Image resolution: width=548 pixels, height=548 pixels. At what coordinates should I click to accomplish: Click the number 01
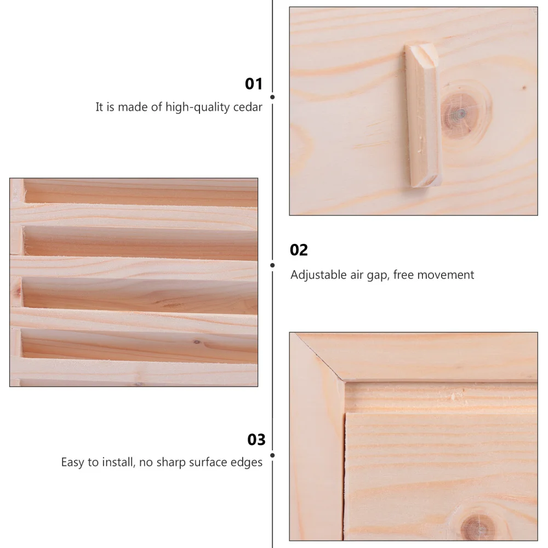(254, 84)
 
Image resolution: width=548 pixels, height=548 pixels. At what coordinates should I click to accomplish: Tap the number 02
(299, 250)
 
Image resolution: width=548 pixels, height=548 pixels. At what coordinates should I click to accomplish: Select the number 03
(256, 439)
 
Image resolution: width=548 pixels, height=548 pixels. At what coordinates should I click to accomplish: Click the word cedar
(247, 107)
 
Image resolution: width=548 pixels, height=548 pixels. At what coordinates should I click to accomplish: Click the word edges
(247, 463)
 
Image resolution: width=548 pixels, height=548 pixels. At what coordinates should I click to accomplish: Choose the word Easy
(72, 463)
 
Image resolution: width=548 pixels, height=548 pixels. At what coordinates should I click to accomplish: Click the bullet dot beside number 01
(272, 97)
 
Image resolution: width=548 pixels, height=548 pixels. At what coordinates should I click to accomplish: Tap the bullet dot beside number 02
(272, 265)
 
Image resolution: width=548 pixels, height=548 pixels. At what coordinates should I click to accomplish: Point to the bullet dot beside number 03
(272, 454)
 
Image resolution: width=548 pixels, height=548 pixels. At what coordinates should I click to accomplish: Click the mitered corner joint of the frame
(317, 356)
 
